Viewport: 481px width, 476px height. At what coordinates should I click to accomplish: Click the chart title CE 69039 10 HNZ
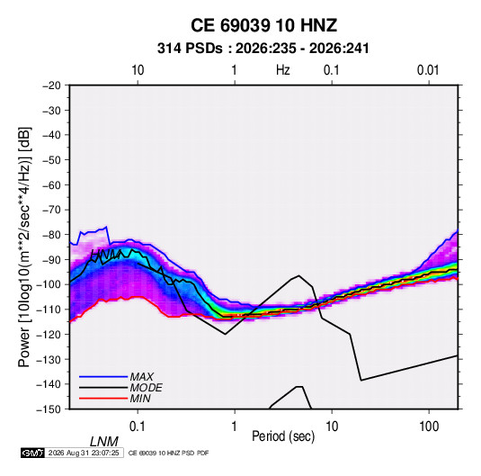(x=263, y=25)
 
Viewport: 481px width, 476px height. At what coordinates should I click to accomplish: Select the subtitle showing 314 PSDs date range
(x=263, y=49)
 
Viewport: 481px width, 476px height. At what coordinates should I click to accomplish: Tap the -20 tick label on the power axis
(x=51, y=85)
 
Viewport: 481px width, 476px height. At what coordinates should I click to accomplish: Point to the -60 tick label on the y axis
(x=51, y=184)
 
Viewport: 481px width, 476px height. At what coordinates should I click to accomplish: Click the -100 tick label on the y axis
(x=49, y=284)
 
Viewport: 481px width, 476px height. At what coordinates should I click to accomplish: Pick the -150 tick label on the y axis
(x=49, y=409)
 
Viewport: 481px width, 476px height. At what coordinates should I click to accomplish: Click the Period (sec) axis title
(x=283, y=436)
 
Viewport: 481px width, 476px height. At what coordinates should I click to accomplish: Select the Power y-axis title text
(x=24, y=247)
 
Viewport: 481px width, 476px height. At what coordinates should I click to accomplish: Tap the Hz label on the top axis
(x=283, y=70)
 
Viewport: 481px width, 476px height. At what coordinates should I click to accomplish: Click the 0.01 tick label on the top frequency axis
(x=428, y=70)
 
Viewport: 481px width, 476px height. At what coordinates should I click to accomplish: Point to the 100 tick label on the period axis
(x=429, y=427)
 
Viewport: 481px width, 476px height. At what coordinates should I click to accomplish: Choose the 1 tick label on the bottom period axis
(x=234, y=427)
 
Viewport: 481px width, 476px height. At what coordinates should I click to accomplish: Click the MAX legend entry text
(x=142, y=377)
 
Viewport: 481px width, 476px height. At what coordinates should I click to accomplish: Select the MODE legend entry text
(x=146, y=388)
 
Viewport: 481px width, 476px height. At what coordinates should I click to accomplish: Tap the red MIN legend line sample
(x=103, y=399)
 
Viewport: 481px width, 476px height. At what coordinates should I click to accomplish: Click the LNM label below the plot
(x=104, y=442)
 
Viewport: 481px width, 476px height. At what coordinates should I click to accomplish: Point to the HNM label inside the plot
(x=106, y=255)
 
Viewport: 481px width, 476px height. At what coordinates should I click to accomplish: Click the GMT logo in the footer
(x=33, y=453)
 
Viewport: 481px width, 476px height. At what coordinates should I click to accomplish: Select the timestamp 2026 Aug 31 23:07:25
(x=84, y=453)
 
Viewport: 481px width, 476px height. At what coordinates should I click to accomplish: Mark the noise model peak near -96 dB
(x=298, y=275)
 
